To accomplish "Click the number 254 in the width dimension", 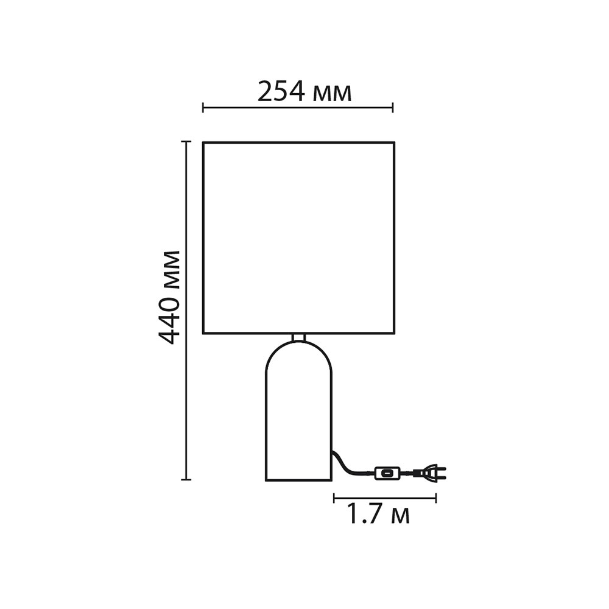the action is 281,92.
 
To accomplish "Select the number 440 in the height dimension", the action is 170,321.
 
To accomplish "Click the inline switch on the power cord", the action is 387,473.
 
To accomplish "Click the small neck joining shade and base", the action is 298,337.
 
